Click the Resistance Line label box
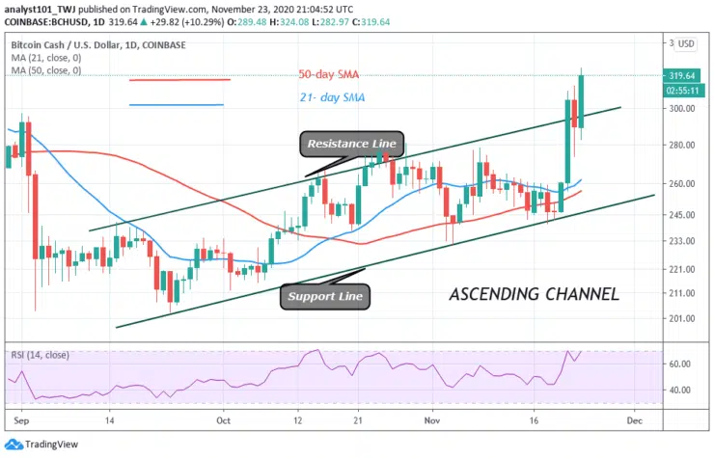351,144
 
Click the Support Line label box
325,296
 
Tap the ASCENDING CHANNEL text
534,293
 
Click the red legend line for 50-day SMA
179,80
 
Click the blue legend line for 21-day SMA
177,104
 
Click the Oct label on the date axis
224,420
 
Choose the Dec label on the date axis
633,420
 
